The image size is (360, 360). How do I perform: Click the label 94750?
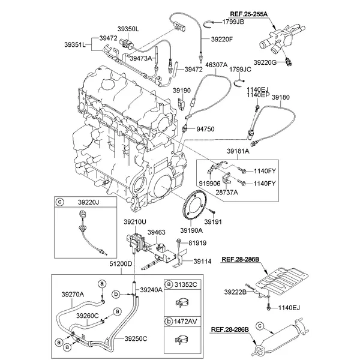tap(206, 128)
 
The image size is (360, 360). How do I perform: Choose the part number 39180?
tap(280, 96)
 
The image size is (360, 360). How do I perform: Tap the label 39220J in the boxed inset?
tap(88, 203)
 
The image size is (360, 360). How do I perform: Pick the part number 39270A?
tap(73, 294)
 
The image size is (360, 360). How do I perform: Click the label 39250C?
tap(136, 339)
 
